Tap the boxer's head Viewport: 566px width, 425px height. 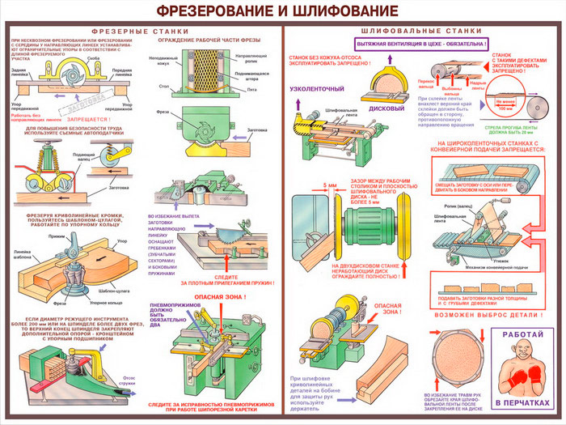tap(521, 353)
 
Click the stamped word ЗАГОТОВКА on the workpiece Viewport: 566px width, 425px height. tap(82, 105)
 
